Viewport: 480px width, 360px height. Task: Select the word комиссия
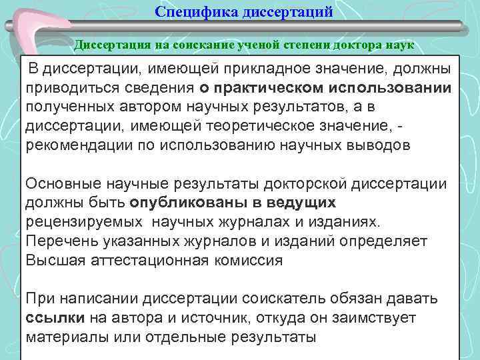click(244, 260)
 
